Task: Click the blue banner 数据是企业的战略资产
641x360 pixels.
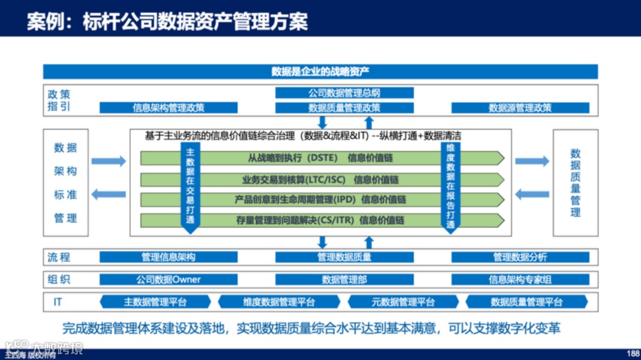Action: (x=320, y=72)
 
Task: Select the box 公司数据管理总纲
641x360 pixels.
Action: (x=344, y=93)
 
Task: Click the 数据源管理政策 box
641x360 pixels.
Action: (x=520, y=108)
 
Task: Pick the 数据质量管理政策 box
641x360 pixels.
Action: (x=344, y=108)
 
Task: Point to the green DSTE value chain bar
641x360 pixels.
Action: (x=320, y=158)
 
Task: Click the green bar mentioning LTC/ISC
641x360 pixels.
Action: (x=320, y=180)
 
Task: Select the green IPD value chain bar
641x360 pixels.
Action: (x=320, y=200)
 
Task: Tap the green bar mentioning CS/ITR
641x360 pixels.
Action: (x=320, y=220)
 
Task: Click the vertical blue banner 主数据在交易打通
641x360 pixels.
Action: (x=190, y=185)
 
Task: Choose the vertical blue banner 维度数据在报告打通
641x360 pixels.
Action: (x=450, y=185)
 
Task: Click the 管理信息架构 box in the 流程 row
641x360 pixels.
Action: (x=169, y=257)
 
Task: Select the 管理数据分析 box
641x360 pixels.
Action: (x=520, y=257)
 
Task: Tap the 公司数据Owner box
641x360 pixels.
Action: (x=169, y=279)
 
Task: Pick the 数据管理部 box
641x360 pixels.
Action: (x=344, y=279)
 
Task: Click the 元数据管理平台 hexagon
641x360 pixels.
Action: (x=403, y=302)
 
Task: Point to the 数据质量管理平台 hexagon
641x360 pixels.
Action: (x=526, y=302)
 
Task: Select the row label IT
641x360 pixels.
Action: (x=58, y=302)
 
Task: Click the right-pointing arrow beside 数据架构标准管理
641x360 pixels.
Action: (x=109, y=161)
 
